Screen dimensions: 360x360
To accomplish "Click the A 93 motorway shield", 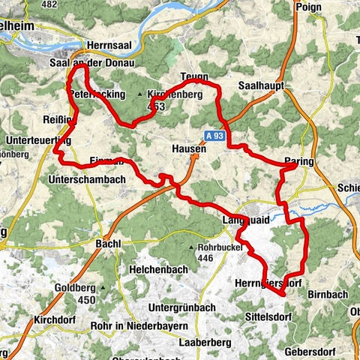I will [214, 136].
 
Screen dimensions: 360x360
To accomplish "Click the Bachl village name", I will [109, 244].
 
